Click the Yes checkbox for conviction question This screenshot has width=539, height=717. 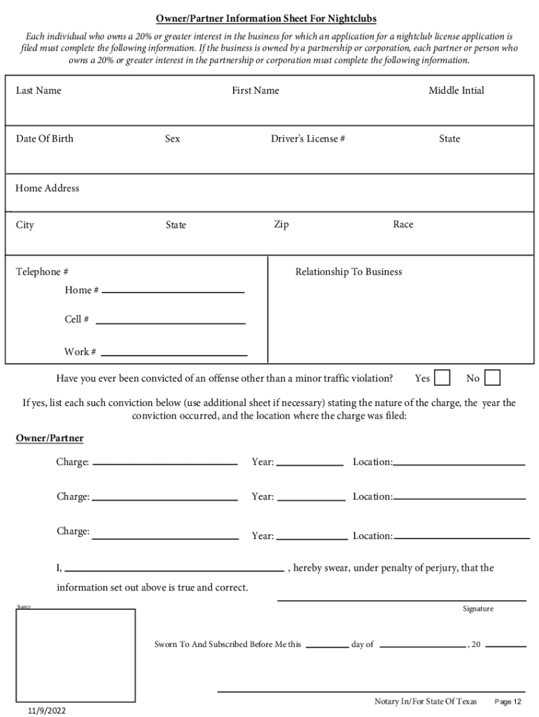point(442,378)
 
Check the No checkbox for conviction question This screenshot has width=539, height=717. point(492,378)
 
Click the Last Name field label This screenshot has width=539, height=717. point(38,90)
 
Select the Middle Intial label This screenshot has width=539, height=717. point(456,90)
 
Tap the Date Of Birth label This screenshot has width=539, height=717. point(44,139)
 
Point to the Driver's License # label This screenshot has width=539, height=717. point(307,139)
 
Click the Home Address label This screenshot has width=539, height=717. point(48,188)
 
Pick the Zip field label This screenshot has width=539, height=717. point(281,224)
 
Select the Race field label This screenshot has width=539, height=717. point(402,224)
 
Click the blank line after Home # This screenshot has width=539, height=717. point(173,291)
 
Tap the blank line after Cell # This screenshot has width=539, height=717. point(170,322)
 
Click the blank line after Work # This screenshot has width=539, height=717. point(174,354)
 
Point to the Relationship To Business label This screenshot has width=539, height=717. point(349,272)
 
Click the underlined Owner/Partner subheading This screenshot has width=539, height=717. point(50,438)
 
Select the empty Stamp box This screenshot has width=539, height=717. point(76,655)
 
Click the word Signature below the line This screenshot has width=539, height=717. point(477,608)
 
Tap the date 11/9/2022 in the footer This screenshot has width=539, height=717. point(47,710)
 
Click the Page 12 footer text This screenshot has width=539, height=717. point(507,702)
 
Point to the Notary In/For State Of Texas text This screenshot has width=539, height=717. point(425,702)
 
